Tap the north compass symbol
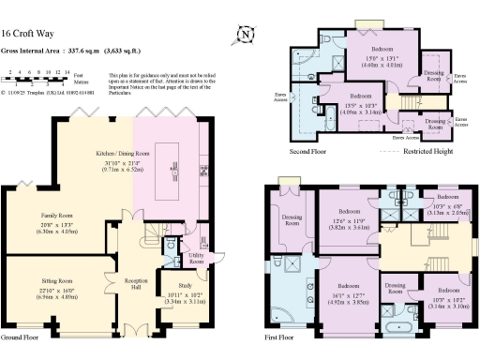[247, 35]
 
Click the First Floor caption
[278, 336]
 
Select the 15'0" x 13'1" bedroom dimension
[382, 59]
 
